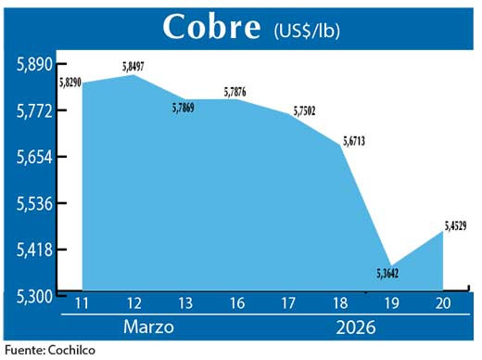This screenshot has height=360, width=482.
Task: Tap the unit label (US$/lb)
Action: [x=307, y=30]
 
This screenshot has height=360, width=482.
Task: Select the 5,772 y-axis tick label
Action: [x=33, y=110]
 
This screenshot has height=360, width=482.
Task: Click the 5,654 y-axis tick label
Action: [x=33, y=157]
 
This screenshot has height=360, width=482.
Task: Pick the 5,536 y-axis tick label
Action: [x=33, y=203]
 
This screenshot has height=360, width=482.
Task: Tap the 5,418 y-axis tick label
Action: [x=33, y=250]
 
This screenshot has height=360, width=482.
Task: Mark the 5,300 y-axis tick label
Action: [x=33, y=296]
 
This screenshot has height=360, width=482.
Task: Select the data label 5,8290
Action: [x=71, y=83]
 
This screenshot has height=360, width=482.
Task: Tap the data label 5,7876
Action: [x=237, y=91]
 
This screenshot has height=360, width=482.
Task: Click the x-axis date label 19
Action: [x=389, y=303]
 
